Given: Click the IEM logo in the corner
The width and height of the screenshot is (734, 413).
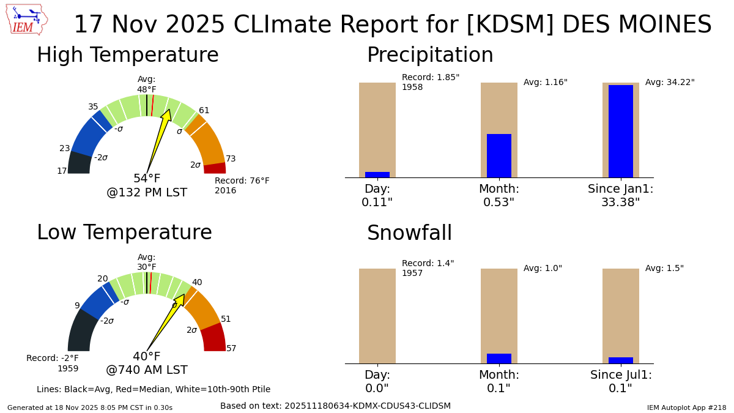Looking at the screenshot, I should click(27, 20).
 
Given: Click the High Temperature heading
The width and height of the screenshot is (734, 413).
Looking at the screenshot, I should click(127, 56).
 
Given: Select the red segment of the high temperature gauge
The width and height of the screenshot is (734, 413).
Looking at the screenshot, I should click(215, 168).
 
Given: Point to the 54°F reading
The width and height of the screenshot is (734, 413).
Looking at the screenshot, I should click(147, 179).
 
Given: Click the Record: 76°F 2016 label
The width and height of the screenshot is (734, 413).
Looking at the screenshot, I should click(242, 186).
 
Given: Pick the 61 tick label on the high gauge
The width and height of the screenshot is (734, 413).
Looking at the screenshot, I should click(204, 111).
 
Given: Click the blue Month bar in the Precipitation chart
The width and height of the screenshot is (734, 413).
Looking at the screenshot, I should click(499, 155).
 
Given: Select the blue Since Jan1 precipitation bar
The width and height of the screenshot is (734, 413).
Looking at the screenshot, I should click(620, 131).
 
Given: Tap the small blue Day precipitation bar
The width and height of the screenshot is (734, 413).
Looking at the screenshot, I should click(377, 175).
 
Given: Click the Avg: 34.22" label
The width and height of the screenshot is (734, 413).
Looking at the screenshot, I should click(670, 83).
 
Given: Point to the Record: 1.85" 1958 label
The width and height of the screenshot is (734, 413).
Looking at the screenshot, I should click(430, 83).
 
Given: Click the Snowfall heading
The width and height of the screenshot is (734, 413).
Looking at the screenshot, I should click(409, 234).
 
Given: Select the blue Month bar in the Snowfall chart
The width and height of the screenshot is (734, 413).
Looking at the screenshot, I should click(499, 359).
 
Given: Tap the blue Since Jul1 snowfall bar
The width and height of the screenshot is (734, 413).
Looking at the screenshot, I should click(620, 360).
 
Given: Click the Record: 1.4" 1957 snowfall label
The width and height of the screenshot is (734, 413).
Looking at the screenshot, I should click(428, 269).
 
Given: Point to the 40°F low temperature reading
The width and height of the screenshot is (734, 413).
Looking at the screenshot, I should click(147, 357).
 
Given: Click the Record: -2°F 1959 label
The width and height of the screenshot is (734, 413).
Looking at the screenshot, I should click(53, 363).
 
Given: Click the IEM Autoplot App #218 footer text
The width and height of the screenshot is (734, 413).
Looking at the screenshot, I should click(686, 407).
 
